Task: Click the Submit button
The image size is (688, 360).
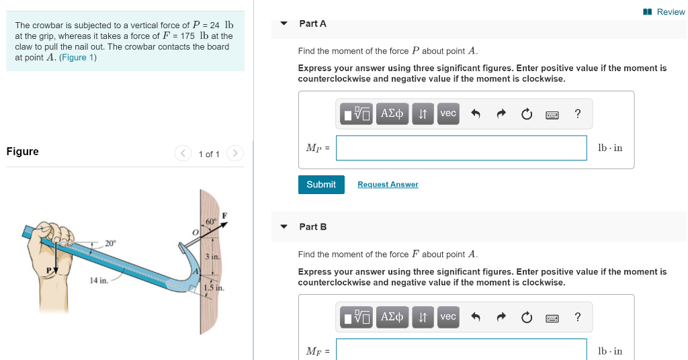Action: (x=321, y=185)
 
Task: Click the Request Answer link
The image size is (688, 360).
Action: (x=388, y=185)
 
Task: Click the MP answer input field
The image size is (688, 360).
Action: (x=461, y=148)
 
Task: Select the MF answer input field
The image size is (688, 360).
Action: (x=461, y=350)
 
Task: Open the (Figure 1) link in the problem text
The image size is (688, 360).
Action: (x=78, y=58)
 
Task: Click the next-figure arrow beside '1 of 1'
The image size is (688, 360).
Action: (x=234, y=154)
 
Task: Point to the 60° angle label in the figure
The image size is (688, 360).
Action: (x=211, y=222)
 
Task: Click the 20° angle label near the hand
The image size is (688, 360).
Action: (x=111, y=243)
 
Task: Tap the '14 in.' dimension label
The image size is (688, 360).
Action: (x=99, y=280)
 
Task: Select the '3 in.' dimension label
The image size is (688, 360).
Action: (x=212, y=257)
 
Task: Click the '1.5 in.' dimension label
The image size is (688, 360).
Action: (x=214, y=288)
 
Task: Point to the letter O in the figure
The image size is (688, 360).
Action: (x=195, y=231)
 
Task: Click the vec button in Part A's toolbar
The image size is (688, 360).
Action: (x=448, y=114)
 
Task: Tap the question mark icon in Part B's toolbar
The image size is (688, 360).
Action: (x=578, y=317)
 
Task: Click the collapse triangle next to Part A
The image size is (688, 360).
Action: (x=284, y=24)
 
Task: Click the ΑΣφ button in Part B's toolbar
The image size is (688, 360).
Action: (x=392, y=317)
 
